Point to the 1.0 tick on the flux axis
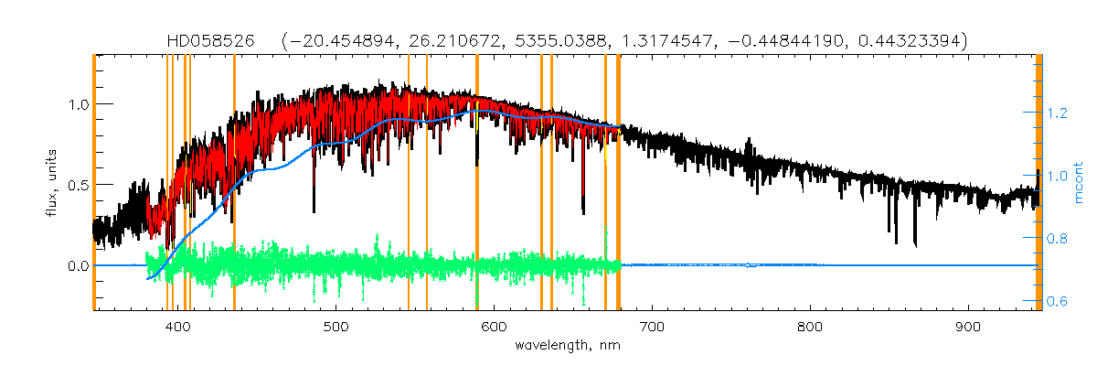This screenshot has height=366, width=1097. pyautogui.click(x=77, y=104)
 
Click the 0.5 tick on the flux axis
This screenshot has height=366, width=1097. pyautogui.click(x=77, y=185)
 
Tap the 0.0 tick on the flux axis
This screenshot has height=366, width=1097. pyautogui.click(x=77, y=266)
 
